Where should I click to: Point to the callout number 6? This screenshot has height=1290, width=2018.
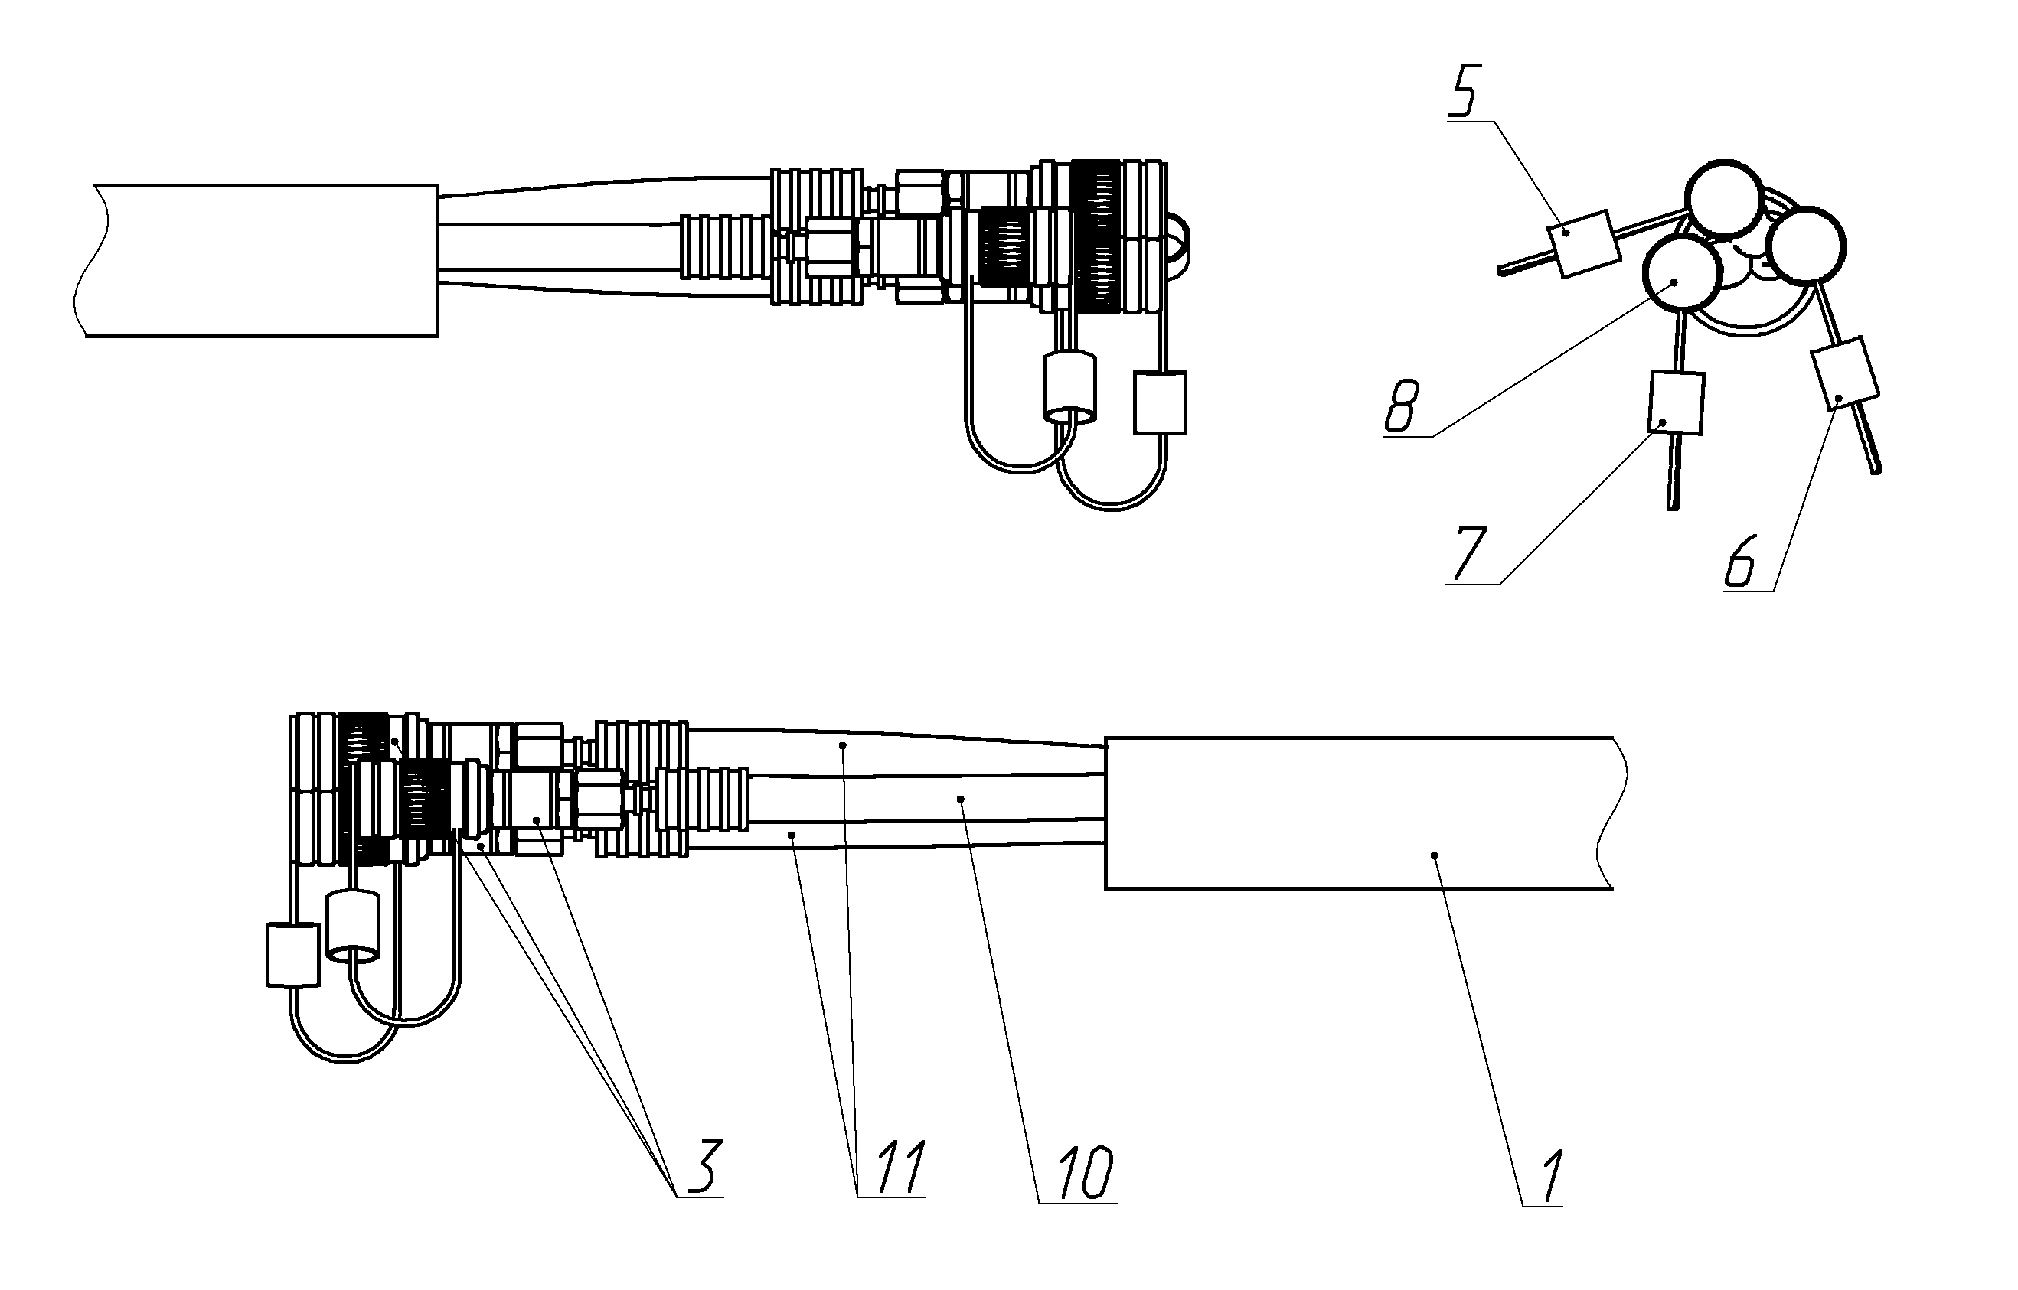[1741, 562]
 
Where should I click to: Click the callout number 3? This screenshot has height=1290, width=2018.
[704, 1166]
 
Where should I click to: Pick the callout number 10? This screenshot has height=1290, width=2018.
[1086, 1172]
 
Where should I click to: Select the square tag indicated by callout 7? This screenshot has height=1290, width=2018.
[1676, 403]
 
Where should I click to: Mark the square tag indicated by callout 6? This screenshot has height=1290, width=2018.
[1845, 373]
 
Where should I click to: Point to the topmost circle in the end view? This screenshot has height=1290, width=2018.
[1725, 198]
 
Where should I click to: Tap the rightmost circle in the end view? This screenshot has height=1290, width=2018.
[1806, 246]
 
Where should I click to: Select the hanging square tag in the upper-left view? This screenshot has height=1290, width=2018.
[1160, 403]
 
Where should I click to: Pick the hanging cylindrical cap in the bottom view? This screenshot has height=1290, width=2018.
[353, 927]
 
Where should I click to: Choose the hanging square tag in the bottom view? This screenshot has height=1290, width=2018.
[293, 955]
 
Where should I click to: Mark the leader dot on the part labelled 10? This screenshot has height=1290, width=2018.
[962, 799]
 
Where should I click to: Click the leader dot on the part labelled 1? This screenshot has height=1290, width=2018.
[1435, 855]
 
